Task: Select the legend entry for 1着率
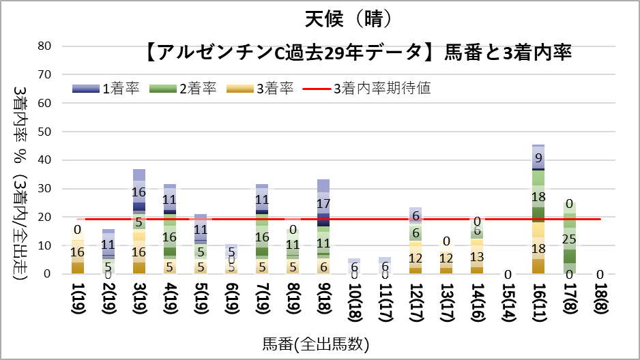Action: click(102, 88)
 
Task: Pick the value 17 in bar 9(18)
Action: click(323, 203)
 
